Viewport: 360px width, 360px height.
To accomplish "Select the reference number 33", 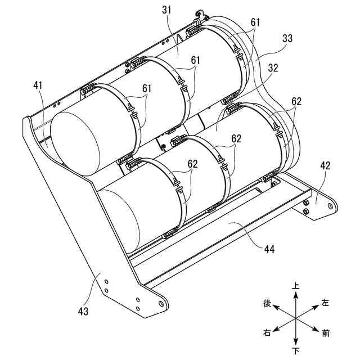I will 287,39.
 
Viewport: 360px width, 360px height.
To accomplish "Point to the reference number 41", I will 38,85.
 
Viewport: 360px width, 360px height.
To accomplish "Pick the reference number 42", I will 326,166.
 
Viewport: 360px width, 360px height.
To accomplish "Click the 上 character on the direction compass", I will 296,286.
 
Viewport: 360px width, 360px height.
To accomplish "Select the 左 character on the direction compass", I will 325,303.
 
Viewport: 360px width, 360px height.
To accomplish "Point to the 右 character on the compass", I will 267,333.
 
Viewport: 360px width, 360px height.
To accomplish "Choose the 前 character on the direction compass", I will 326,334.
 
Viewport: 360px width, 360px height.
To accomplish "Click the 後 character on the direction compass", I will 267,303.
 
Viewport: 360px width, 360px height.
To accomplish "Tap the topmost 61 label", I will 256,22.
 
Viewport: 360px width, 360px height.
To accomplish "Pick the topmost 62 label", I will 296,102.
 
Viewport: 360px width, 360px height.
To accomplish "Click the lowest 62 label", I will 192,164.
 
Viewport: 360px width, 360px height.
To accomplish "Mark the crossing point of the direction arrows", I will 296,318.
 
